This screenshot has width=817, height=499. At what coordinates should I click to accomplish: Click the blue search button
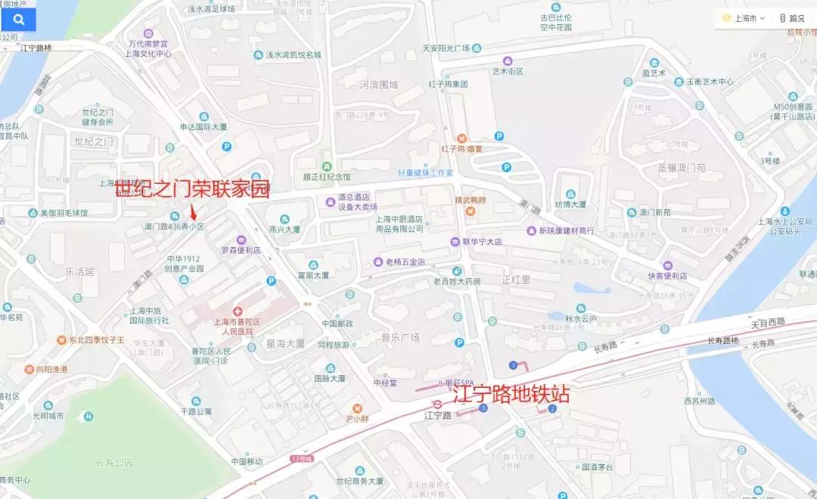click(x=17, y=20)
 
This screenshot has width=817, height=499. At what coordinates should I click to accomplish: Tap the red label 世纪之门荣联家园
click(x=192, y=190)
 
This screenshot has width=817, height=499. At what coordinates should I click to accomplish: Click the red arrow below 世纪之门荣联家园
click(x=193, y=212)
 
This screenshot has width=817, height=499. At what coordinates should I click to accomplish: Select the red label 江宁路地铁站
click(x=511, y=394)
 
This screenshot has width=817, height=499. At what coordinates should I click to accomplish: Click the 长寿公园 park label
click(x=114, y=463)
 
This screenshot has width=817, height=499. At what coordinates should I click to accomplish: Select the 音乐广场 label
click(x=400, y=338)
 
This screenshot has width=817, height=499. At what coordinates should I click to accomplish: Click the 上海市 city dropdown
click(x=744, y=17)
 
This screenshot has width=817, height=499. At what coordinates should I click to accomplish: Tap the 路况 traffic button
click(x=792, y=17)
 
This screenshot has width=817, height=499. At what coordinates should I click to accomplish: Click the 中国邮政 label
click(x=337, y=324)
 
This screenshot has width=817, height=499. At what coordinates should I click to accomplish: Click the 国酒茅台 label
click(x=597, y=468)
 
